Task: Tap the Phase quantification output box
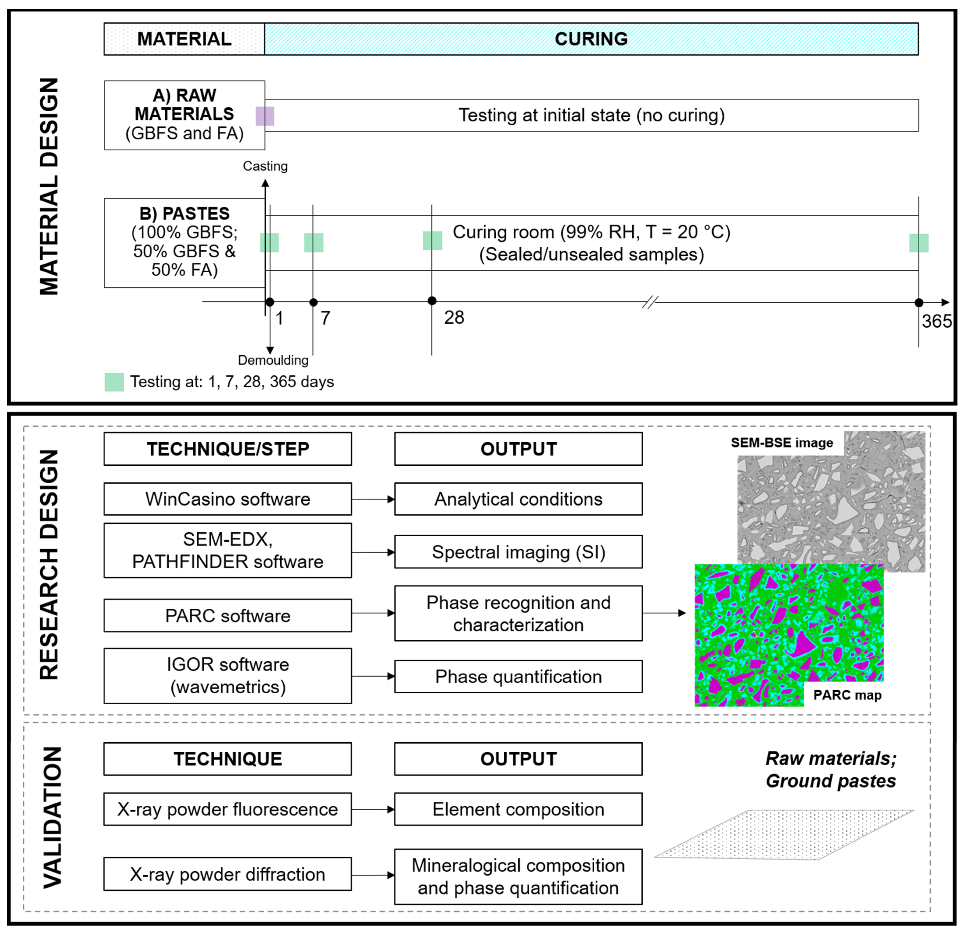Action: pos(518,677)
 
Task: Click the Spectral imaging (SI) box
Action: pos(518,552)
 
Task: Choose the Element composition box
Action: pos(518,810)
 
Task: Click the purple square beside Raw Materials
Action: pos(265,116)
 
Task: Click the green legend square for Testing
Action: pos(114,382)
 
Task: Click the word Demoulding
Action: pos(273,360)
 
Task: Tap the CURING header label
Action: pos(591,39)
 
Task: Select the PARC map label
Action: pos(847,695)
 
